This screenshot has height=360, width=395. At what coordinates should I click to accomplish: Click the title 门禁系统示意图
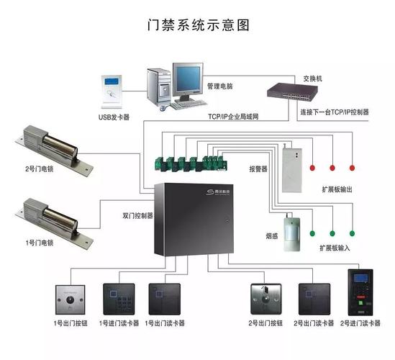196,24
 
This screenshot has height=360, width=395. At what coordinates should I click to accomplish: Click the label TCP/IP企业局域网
233,115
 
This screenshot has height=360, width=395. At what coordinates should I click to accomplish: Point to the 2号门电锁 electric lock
54,145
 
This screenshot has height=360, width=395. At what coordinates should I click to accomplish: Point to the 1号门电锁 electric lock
54,217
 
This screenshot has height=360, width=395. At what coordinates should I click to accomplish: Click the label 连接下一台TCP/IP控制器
334,113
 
